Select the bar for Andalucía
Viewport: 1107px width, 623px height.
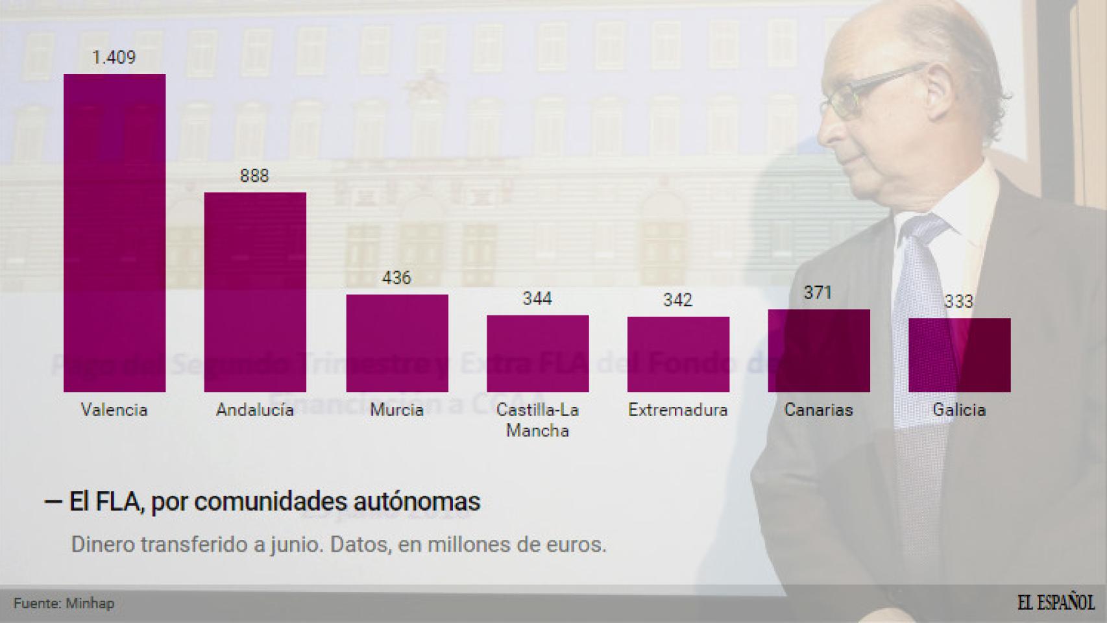[x=255, y=291]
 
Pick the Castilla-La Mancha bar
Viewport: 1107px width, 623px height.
[x=537, y=353]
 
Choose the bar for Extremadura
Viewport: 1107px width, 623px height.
[x=678, y=354]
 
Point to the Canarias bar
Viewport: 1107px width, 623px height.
[x=818, y=350]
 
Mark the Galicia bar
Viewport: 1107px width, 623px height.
[x=959, y=354]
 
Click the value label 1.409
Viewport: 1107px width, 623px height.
[x=114, y=58]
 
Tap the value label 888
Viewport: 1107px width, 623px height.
[x=254, y=176]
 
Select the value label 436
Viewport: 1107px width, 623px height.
[x=396, y=278]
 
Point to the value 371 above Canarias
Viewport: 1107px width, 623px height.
[x=818, y=293]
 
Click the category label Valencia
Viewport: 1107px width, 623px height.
[x=114, y=410]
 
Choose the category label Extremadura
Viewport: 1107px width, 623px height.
[x=678, y=410]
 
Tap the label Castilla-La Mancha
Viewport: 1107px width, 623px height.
[x=537, y=420]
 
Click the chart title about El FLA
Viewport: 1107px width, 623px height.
[x=262, y=502]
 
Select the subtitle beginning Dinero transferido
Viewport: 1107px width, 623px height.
[x=339, y=544]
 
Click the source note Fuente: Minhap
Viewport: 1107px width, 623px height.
[x=64, y=604]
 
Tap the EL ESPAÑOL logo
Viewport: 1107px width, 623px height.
[x=1056, y=602]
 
